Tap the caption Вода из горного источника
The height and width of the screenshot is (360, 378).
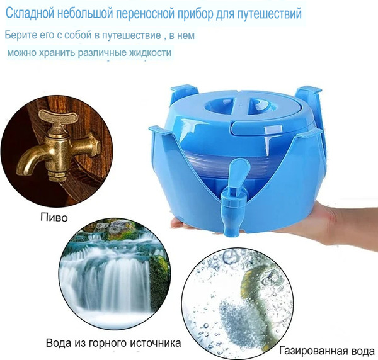[x=113, y=344]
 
